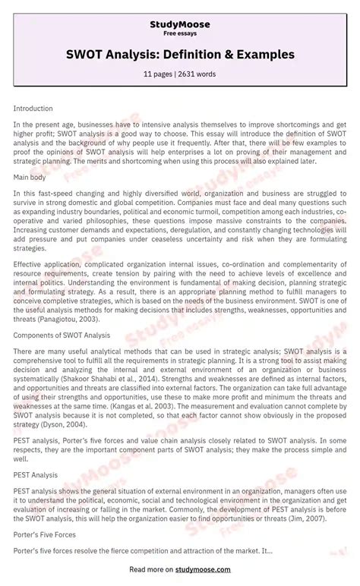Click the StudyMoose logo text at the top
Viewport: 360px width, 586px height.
tap(180, 25)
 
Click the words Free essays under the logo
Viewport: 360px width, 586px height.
tap(180, 34)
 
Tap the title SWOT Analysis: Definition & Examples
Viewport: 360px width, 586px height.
tap(180, 55)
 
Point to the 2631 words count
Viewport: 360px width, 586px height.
tap(198, 74)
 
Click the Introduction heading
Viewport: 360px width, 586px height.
tap(33, 109)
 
